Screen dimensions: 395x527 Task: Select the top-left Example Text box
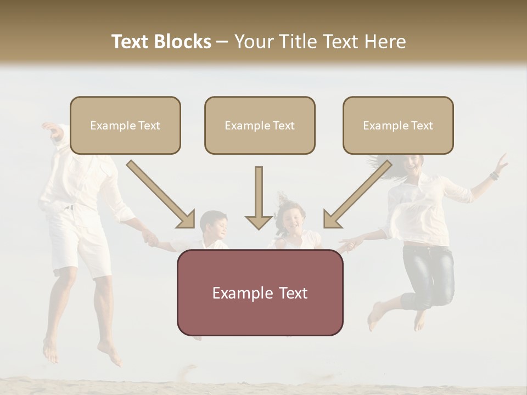tap(125, 125)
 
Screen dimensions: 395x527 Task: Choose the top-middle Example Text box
tap(260, 125)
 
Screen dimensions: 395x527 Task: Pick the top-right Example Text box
tap(398, 125)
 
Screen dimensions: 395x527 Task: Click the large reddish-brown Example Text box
tap(260, 292)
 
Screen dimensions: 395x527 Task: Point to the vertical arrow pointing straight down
tap(259, 198)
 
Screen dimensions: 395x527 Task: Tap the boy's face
tap(215, 227)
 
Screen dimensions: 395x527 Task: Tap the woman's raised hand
tap(501, 163)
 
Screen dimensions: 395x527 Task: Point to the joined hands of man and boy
tap(149, 238)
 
